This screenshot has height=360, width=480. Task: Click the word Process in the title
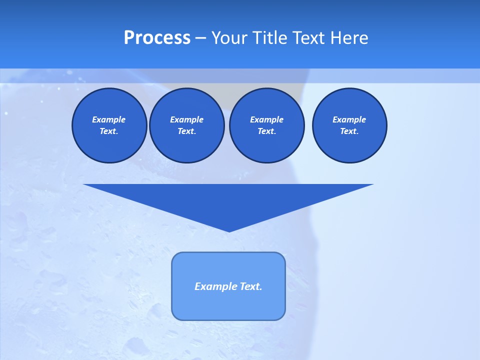click(x=157, y=38)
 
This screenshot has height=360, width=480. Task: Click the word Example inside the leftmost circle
click(x=109, y=119)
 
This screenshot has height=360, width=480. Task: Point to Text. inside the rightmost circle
click(x=349, y=131)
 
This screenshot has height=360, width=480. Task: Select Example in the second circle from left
click(x=186, y=119)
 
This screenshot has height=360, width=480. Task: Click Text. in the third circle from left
click(x=266, y=131)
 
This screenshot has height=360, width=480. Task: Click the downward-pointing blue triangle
click(x=228, y=200)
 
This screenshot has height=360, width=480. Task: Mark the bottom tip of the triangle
click(x=228, y=230)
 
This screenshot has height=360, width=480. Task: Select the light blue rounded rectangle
click(x=228, y=305)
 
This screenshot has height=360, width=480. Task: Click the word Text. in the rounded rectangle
click(x=250, y=286)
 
